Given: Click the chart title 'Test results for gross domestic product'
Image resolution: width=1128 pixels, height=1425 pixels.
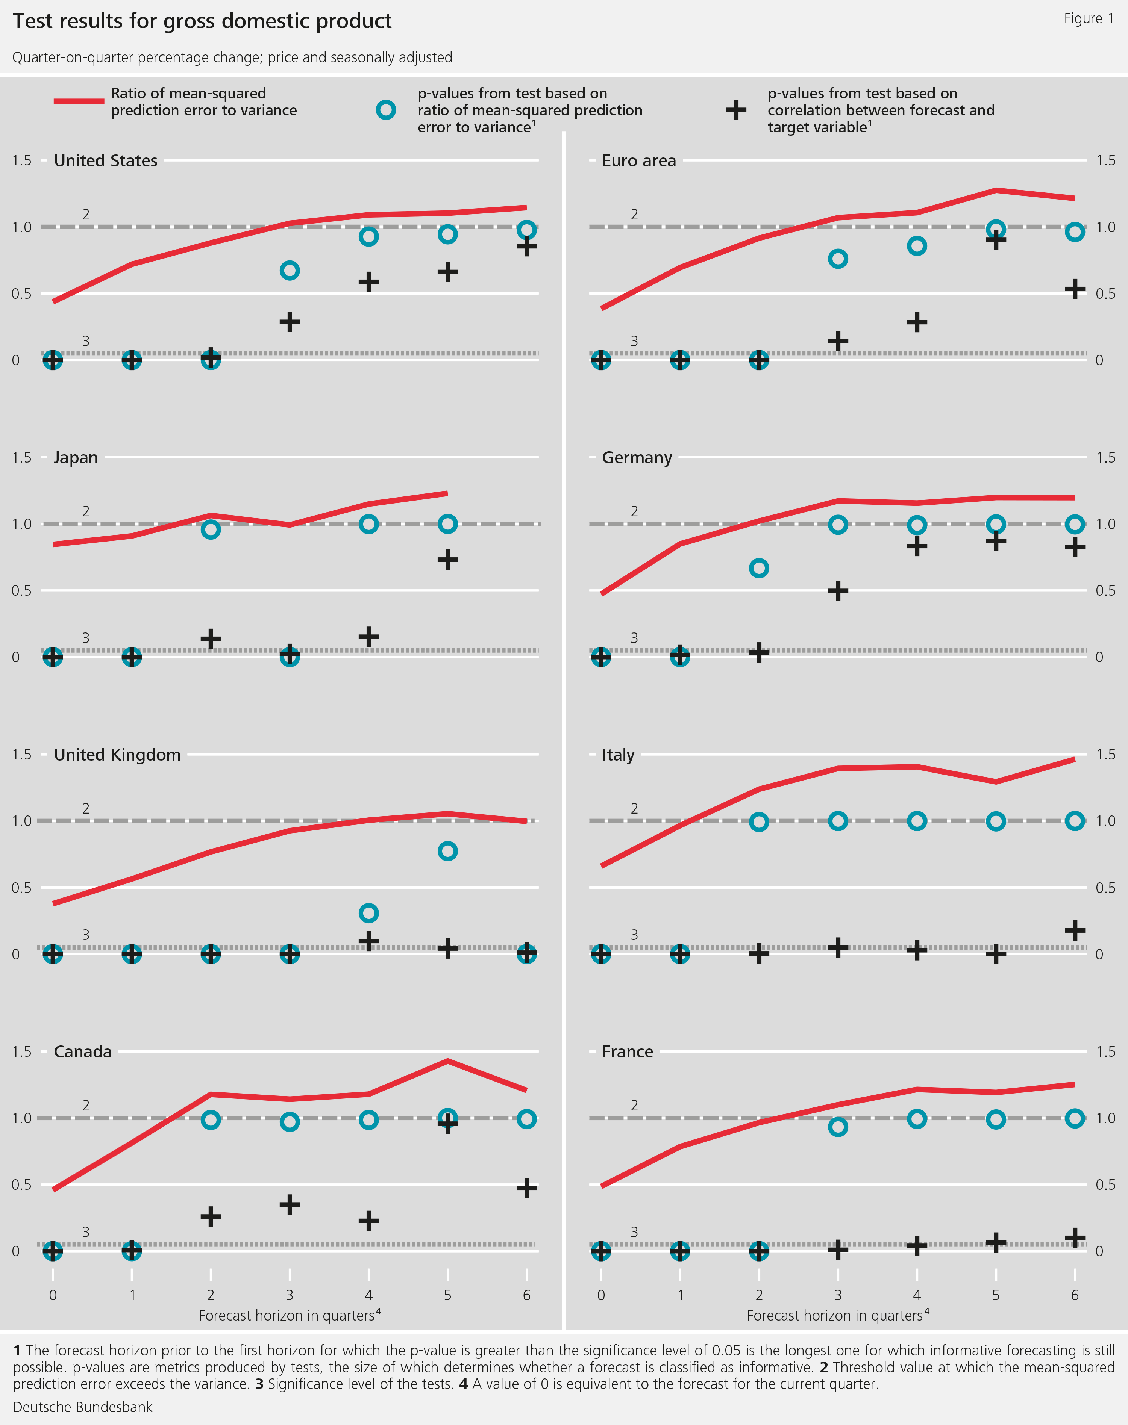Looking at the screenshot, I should coord(202,21).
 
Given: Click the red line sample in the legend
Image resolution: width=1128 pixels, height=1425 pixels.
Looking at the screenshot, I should coord(79,101).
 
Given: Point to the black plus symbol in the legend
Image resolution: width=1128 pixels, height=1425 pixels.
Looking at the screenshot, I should coord(736,110).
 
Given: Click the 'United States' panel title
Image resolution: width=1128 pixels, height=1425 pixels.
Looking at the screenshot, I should coord(106,161).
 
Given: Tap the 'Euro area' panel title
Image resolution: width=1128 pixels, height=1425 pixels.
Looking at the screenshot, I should coord(638,161).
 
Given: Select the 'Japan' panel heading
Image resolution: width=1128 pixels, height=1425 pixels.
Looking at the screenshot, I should coord(75,457).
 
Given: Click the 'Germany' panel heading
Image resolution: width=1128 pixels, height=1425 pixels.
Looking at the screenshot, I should coord(637,457).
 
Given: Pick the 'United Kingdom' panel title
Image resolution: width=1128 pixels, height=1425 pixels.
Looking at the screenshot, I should coord(117,755).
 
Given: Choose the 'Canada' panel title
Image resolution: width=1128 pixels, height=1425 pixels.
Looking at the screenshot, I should coord(83,1051).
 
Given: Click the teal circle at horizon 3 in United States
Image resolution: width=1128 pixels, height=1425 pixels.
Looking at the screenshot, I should coord(289,271).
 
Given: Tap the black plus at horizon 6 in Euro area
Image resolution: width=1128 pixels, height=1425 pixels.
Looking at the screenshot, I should coord(1075,289).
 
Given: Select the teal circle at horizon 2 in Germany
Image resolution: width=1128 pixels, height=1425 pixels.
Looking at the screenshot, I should coord(759,568).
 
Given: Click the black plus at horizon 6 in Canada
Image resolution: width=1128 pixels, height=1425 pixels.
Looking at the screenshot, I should coord(526,1188).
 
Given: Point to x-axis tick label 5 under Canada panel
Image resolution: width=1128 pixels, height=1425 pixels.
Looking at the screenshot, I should coord(447,1295).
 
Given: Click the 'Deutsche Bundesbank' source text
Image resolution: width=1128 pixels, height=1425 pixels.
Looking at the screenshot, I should coord(83,1407).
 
